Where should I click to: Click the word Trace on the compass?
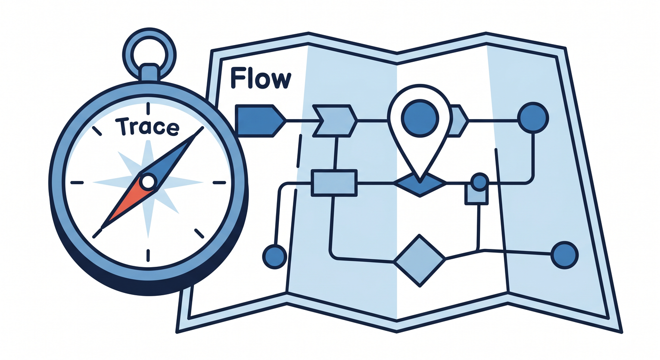[147, 127]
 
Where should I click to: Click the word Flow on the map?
[261, 78]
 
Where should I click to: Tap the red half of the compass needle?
[127, 203]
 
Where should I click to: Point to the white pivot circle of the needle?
[148, 182]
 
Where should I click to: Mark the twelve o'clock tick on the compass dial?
[148, 108]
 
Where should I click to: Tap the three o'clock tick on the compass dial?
[219, 183]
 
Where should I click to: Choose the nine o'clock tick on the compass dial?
[77, 183]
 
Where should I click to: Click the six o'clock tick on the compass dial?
[148, 255]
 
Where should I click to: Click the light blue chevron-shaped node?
[335, 121]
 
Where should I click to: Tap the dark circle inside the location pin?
[420, 118]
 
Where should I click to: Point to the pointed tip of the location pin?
[420, 181]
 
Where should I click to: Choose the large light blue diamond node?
[420, 261]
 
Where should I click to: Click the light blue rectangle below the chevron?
[334, 183]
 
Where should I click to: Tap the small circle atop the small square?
[480, 182]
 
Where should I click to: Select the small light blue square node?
[476, 195]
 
